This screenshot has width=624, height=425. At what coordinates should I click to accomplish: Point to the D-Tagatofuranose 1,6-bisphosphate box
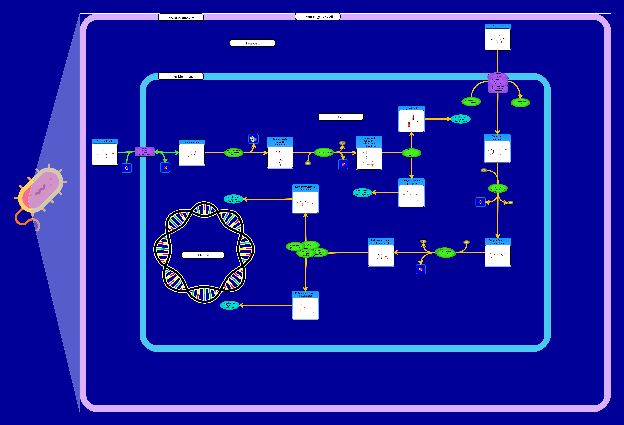(381, 253)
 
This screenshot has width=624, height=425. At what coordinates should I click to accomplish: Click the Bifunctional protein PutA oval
(295, 246)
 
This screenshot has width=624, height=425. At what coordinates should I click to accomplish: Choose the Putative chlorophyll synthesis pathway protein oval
(498, 188)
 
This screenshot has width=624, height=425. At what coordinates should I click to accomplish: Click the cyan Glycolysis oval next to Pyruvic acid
(460, 119)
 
